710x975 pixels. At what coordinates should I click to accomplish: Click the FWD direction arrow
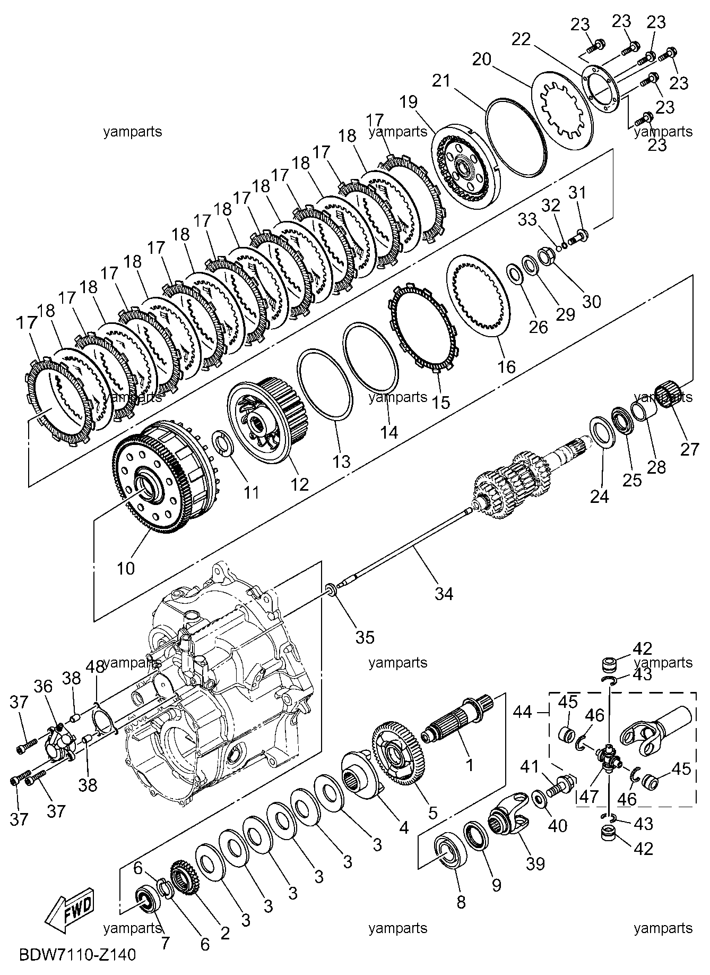(x=68, y=909)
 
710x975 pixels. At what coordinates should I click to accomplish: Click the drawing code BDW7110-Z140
(x=77, y=954)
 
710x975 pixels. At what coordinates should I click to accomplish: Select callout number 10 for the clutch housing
(x=126, y=568)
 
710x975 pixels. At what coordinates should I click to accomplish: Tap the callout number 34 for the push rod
(x=444, y=593)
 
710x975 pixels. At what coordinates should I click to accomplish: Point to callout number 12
(x=299, y=484)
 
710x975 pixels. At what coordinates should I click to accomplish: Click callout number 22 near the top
(x=521, y=39)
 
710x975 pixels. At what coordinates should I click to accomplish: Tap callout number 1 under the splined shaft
(x=469, y=765)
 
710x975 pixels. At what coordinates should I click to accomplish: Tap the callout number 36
(x=44, y=687)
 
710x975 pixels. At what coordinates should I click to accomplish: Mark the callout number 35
(x=365, y=636)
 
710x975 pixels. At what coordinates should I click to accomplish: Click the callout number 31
(x=577, y=192)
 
